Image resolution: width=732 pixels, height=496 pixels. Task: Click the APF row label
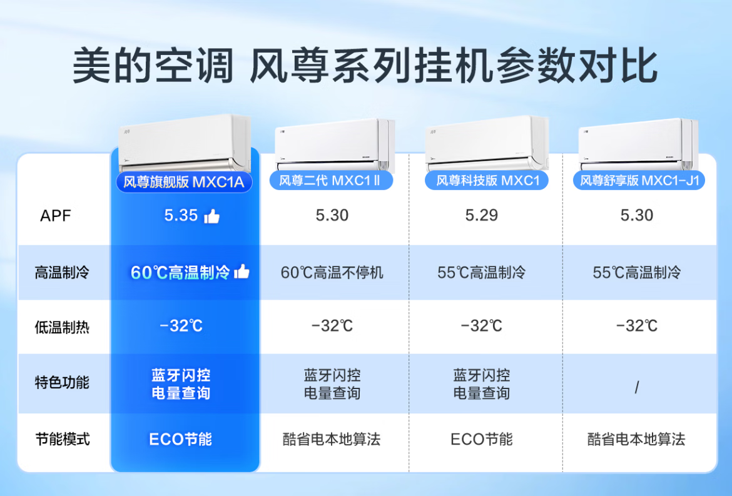click(56, 216)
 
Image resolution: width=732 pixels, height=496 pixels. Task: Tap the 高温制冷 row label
click(61, 272)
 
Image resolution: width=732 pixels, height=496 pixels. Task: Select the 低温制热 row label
click(61, 326)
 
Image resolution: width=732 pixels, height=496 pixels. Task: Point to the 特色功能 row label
click(61, 382)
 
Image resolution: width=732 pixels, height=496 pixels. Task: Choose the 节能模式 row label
click(62, 438)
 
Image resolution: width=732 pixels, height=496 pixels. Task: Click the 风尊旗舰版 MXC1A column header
click(184, 181)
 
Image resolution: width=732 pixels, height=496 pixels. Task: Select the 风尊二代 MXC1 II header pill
click(331, 180)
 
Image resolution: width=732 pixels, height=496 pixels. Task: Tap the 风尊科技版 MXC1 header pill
click(487, 180)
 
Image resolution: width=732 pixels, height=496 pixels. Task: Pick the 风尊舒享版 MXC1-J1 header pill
click(639, 180)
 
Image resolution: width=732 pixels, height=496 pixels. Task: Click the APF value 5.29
click(481, 215)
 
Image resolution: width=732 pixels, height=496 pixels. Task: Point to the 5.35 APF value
click(181, 215)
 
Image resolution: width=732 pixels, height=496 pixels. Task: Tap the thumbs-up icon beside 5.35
click(212, 216)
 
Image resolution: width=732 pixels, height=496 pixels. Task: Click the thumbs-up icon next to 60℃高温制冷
click(242, 271)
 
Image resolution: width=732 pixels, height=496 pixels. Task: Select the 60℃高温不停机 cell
click(332, 272)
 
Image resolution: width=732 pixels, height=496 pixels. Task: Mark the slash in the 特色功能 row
click(637, 387)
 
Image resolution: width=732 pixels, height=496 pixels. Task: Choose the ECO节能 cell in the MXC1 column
click(481, 439)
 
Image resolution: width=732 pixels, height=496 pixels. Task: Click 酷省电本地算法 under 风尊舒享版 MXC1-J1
click(636, 439)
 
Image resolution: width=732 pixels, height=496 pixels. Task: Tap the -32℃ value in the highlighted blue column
click(181, 326)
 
